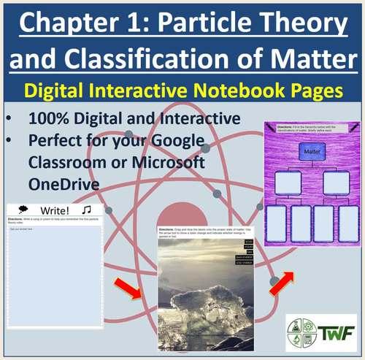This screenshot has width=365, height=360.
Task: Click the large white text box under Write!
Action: [55, 277]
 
